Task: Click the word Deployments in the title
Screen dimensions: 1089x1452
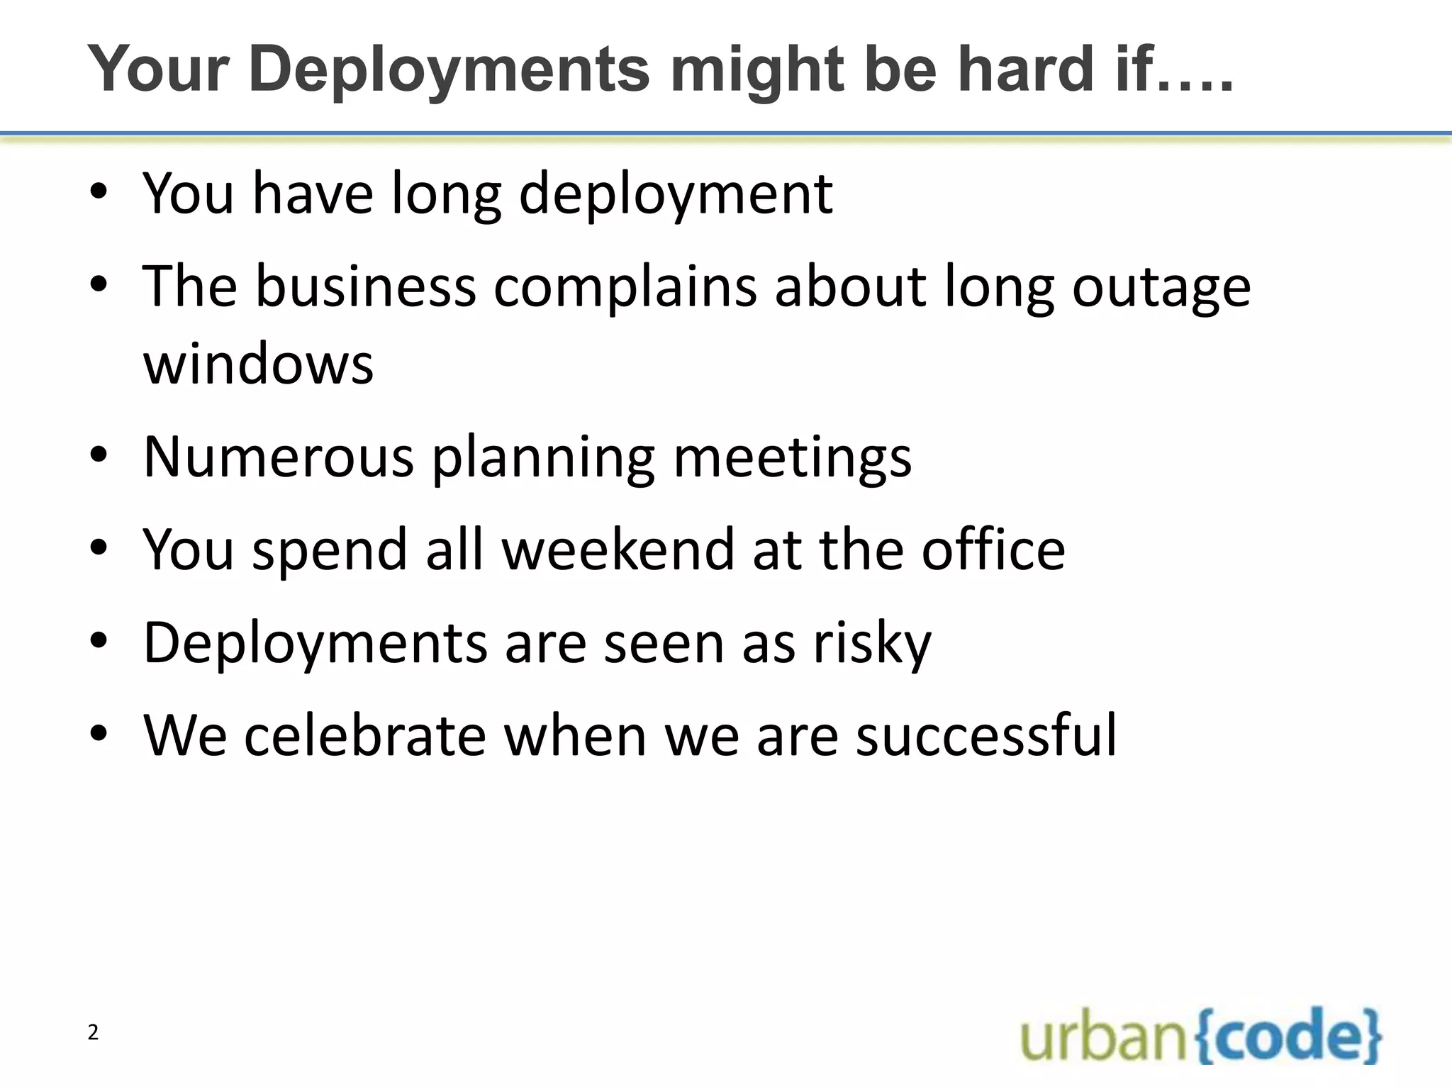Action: (449, 69)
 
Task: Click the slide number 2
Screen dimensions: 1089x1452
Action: (93, 1033)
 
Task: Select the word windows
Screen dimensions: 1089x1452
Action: (258, 364)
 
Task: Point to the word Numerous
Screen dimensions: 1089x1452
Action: (278, 457)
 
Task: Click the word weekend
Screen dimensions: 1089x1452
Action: (618, 549)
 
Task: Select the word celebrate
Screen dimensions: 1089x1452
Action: (365, 736)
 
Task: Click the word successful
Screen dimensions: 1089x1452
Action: (986, 736)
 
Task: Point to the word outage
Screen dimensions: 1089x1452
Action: (1161, 288)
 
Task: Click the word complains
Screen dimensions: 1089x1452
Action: (625, 288)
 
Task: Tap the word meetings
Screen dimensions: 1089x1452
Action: (792, 458)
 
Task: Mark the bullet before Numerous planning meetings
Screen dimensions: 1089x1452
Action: (99, 455)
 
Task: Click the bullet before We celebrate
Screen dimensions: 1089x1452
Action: (99, 735)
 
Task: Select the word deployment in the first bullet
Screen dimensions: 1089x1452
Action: (676, 194)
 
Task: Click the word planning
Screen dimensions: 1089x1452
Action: (543, 458)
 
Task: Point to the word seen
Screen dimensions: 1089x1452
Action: (664, 643)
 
